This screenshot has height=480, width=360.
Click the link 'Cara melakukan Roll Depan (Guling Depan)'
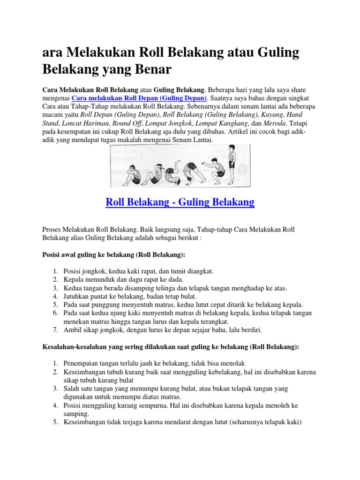[x=139, y=98]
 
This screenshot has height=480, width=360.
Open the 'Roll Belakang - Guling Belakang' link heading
[x=180, y=202]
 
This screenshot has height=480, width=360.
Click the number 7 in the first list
[x=55, y=330]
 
